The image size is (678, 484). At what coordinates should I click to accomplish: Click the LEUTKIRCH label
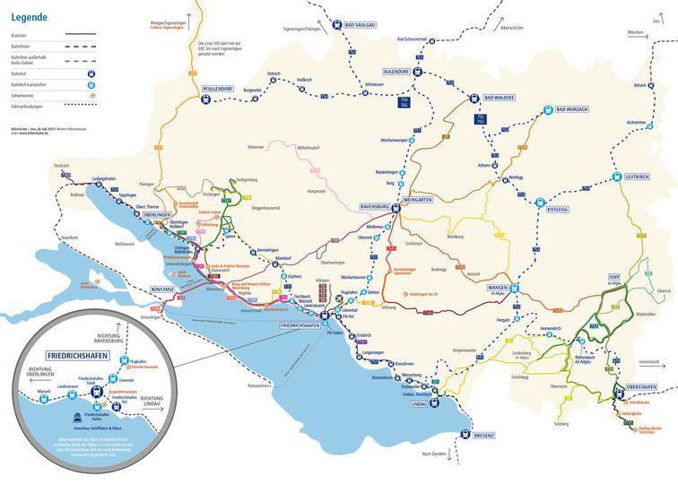click(639, 176)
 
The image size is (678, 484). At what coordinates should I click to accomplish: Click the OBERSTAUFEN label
click(635, 388)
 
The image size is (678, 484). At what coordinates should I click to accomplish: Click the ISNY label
click(614, 277)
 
